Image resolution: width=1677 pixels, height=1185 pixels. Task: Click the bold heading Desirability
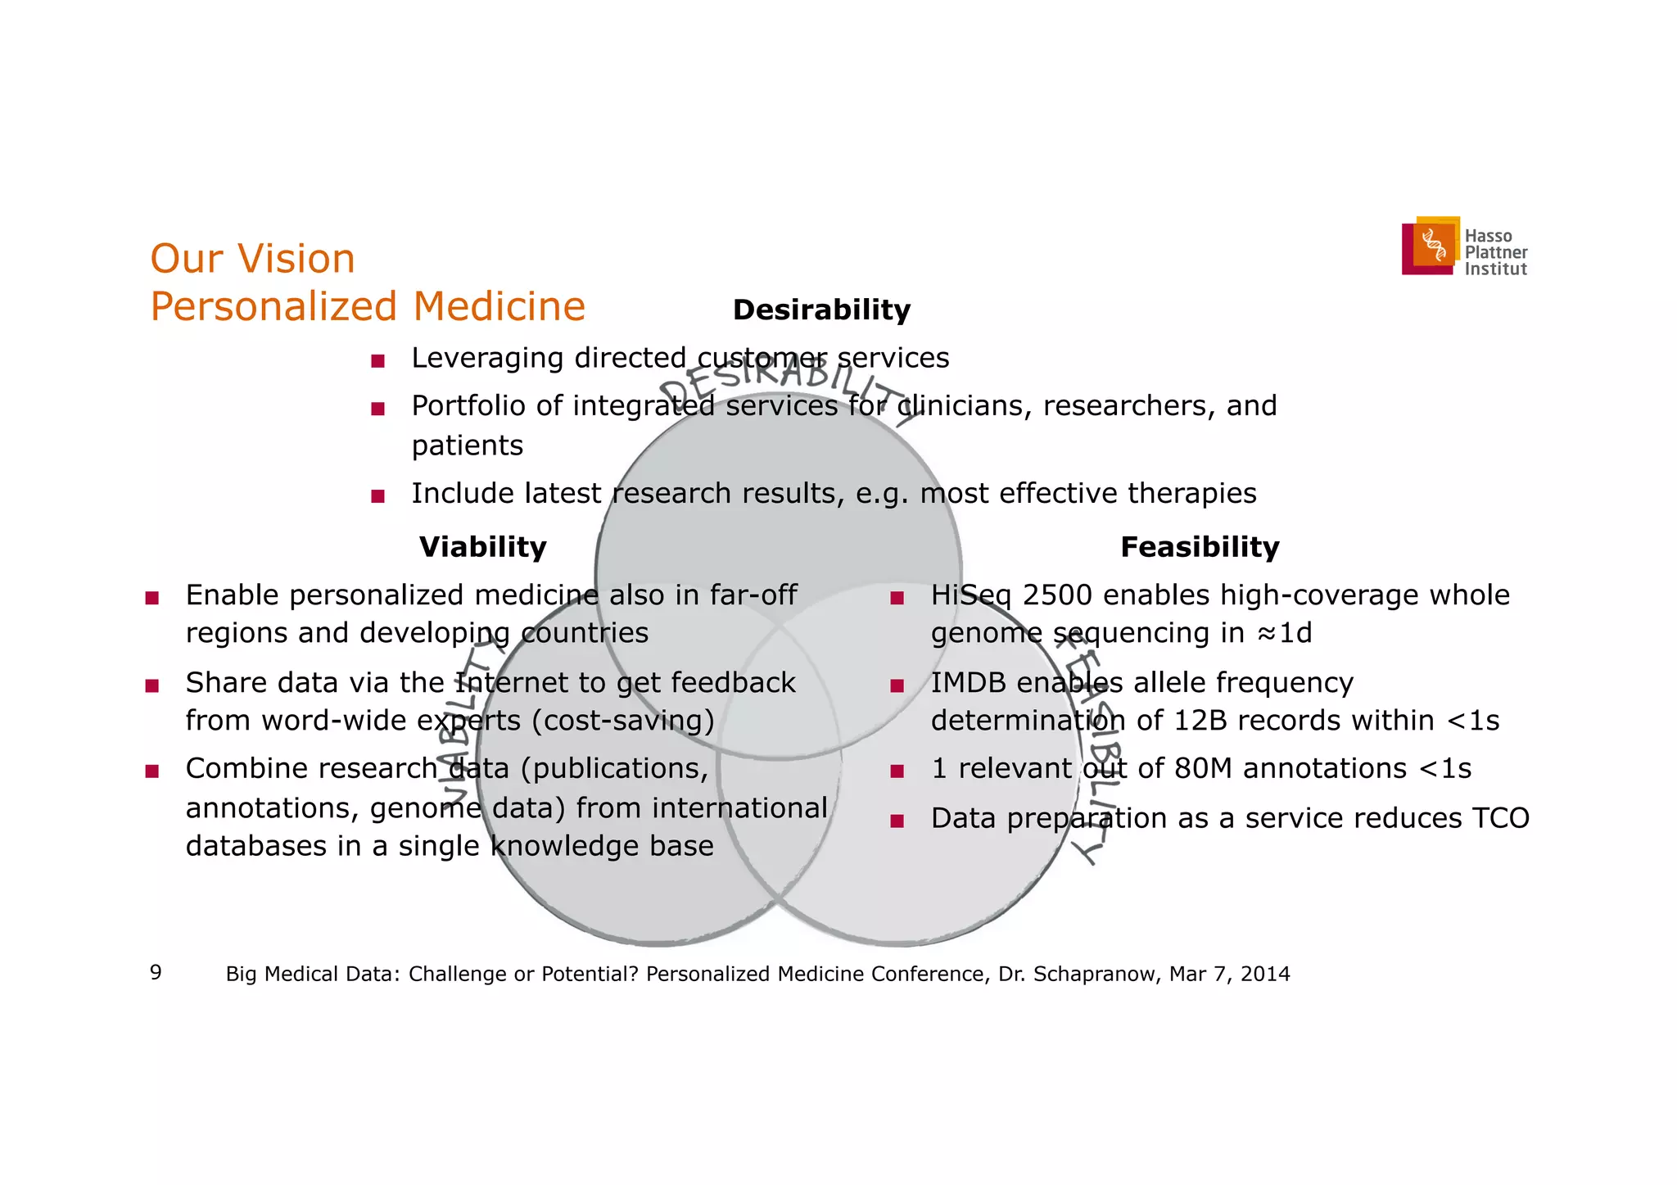821,310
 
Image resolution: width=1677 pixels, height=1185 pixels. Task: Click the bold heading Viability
482,547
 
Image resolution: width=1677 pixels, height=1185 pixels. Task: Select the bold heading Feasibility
1199,547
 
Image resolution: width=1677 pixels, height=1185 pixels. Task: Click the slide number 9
156,973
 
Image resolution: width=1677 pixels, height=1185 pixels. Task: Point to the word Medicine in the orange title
499,307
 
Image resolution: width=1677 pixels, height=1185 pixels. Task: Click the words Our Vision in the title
252,259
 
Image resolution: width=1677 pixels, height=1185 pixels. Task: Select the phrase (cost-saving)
622,721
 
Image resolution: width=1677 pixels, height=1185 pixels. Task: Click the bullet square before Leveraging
377,361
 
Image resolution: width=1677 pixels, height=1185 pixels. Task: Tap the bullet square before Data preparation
897,821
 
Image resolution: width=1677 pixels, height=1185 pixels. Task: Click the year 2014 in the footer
1265,974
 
